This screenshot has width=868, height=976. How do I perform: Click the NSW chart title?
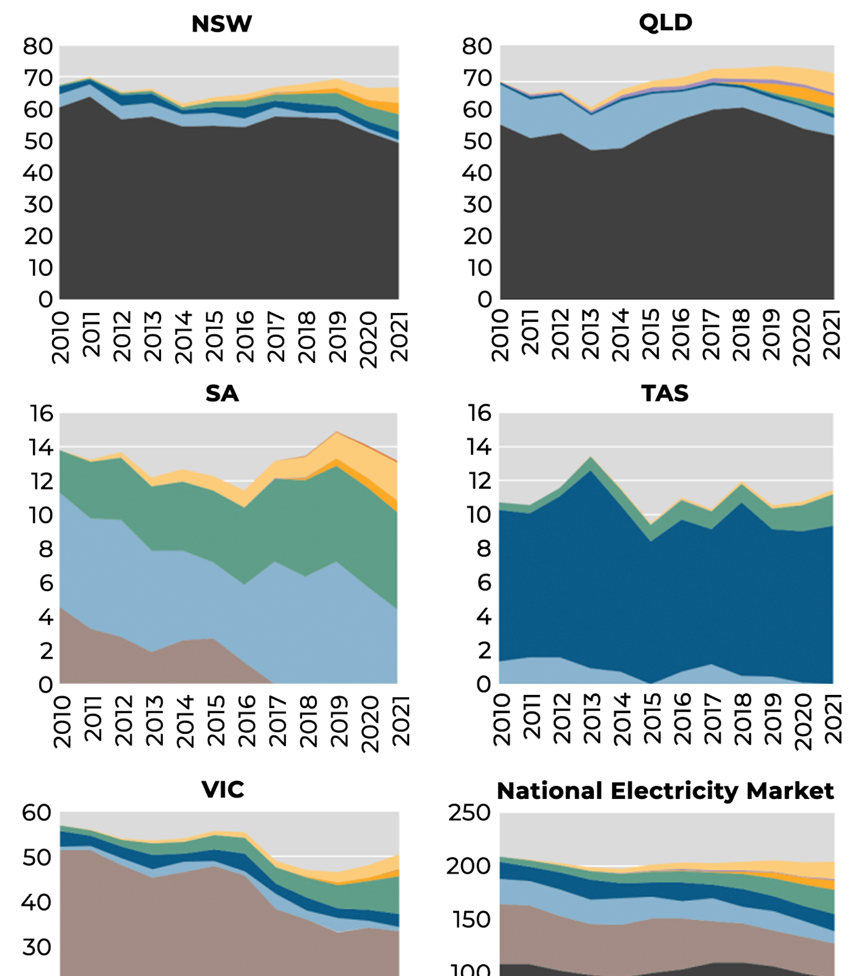tap(222, 24)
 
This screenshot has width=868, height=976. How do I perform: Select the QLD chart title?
tap(665, 23)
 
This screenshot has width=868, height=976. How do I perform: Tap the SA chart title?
tap(222, 394)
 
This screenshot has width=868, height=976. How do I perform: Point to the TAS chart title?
tap(665, 394)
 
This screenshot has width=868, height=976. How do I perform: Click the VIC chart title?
tap(223, 790)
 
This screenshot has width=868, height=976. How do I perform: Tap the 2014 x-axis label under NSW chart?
tap(184, 337)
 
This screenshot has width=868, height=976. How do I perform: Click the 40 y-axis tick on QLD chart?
tap(477, 173)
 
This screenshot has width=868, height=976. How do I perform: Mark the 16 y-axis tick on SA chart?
tap(42, 413)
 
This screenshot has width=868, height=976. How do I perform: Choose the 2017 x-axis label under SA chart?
tap(277, 721)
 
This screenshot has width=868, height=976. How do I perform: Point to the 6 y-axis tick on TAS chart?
tap(484, 583)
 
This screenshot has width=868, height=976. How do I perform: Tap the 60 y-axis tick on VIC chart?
tap(36, 813)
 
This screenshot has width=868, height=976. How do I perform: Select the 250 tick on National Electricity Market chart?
tap(469, 813)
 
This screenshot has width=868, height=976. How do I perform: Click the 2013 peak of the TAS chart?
tap(591, 457)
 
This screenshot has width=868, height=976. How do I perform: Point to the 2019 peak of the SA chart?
tap(337, 432)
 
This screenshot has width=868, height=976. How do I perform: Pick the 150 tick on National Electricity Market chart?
tap(472, 920)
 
